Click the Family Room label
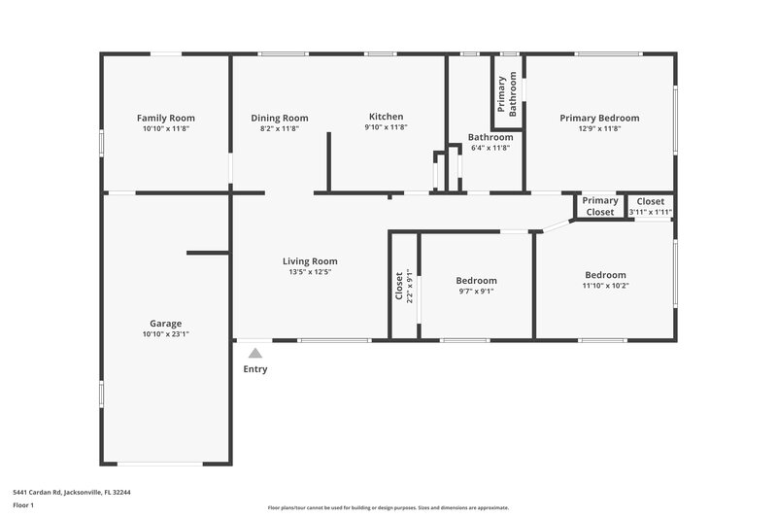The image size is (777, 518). coord(165,118)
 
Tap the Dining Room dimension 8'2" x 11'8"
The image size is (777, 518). coord(280,128)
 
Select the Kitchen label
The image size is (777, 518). coord(386,117)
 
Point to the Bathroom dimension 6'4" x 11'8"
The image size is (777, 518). coord(490,148)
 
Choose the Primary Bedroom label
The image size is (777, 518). coord(598,118)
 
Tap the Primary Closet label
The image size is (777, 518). coord(600,206)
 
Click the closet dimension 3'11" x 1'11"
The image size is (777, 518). coord(651,212)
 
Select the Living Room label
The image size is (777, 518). coord(310,260)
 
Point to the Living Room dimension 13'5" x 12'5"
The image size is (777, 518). coord(310,272)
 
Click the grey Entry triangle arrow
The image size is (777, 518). coord(254,354)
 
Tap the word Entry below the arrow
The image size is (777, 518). coord(254,369)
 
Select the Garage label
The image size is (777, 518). coord(165,324)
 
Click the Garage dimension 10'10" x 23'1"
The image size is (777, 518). coord(165,334)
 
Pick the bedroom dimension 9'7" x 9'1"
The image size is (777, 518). coord(477,291)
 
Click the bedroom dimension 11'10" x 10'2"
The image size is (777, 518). coord(605,286)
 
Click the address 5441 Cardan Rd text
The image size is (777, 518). coord(71,492)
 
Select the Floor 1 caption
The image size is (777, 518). coord(24,506)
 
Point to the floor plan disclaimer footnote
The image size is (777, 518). coord(388,507)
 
